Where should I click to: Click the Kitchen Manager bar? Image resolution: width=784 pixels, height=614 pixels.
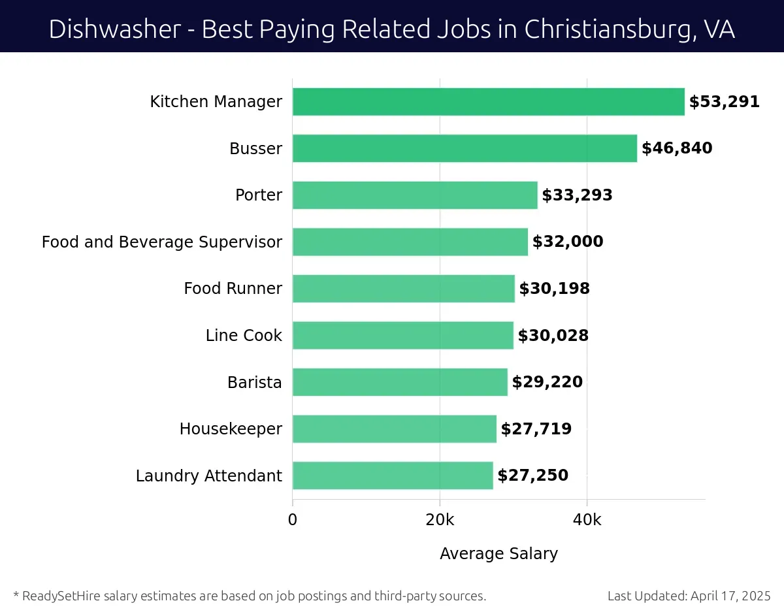point(488,102)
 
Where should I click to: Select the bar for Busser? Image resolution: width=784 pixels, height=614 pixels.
point(465,148)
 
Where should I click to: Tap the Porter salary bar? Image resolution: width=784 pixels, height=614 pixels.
point(415,195)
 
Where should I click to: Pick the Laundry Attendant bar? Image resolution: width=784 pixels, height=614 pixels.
point(393,476)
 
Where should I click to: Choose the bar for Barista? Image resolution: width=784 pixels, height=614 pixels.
point(400,382)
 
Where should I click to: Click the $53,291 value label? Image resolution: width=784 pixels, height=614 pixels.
point(725,102)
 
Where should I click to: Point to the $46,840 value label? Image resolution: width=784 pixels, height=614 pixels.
point(677,148)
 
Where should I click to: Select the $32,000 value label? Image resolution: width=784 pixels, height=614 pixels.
point(568,242)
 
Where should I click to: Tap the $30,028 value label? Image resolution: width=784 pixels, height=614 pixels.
point(553,336)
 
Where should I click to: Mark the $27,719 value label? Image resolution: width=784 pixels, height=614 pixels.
point(536,429)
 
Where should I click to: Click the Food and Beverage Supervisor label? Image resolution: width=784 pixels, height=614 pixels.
point(162,242)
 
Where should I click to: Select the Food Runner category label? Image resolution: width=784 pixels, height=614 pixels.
point(233,289)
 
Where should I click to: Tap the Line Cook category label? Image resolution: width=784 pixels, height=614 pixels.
point(244,336)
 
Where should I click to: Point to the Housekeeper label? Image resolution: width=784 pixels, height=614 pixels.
point(231,429)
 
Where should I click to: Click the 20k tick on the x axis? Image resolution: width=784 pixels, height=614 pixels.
point(440,520)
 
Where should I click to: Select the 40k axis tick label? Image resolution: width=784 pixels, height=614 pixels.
point(587,520)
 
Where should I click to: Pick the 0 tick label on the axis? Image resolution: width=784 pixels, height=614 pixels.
point(293,520)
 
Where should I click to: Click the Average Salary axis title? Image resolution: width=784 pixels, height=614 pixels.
point(498,554)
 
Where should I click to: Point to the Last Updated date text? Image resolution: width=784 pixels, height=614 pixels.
point(689,596)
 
